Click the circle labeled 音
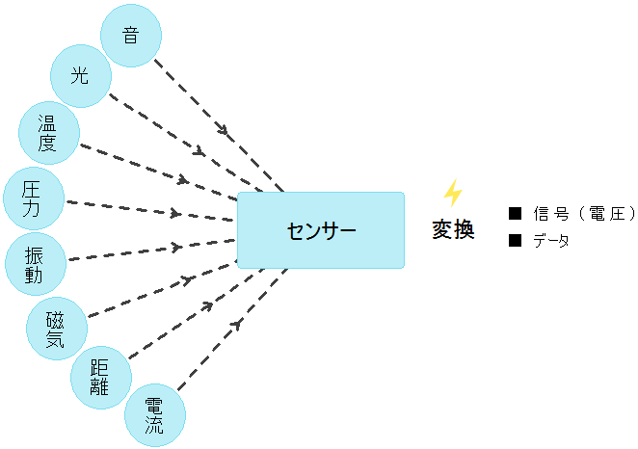point(131,37)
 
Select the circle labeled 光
point(80,75)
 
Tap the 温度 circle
point(47,134)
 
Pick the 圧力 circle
point(35,198)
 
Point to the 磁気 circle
point(56,328)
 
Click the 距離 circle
point(100,378)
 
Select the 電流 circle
point(154,415)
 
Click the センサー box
point(321,230)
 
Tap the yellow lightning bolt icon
point(452,194)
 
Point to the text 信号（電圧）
point(584,213)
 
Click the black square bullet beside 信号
point(514,213)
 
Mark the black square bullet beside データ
point(514,241)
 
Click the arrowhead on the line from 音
point(226,129)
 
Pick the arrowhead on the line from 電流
point(236,324)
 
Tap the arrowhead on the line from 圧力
point(174,213)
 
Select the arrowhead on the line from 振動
point(176,248)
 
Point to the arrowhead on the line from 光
point(199,152)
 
